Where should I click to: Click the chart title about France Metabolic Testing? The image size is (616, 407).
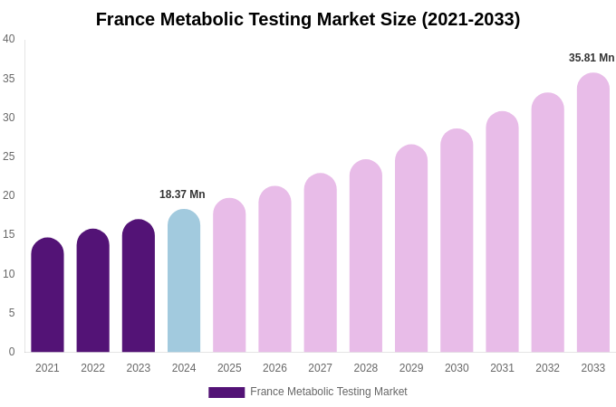click(x=308, y=19)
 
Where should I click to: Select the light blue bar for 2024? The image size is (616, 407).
click(x=184, y=281)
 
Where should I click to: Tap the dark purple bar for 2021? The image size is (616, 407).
click(x=47, y=296)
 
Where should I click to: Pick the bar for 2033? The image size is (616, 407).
click(x=592, y=213)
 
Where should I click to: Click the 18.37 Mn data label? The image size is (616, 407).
click(x=182, y=194)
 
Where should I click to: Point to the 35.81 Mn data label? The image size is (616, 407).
click(x=592, y=58)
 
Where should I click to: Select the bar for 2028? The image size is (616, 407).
click(x=366, y=257)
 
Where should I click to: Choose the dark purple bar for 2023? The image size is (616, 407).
click(x=139, y=287)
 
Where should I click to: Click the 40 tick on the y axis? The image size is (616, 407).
click(x=9, y=39)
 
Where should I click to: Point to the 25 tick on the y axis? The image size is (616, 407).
click(x=9, y=156)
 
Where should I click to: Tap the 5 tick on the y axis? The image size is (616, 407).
click(x=11, y=313)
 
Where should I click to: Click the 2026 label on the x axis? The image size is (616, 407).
click(x=274, y=368)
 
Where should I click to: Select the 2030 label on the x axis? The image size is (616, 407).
click(x=457, y=368)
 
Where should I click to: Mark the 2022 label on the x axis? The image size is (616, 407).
click(x=92, y=368)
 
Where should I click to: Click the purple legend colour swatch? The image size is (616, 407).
click(x=226, y=393)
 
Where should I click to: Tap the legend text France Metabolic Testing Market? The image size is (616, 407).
click(x=329, y=392)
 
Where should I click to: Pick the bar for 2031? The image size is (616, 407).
click(x=502, y=232)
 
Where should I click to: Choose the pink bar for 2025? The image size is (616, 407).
click(x=229, y=276)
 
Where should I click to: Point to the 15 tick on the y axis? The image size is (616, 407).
click(x=9, y=234)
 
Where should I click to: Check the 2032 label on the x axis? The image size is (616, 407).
click(x=547, y=368)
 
